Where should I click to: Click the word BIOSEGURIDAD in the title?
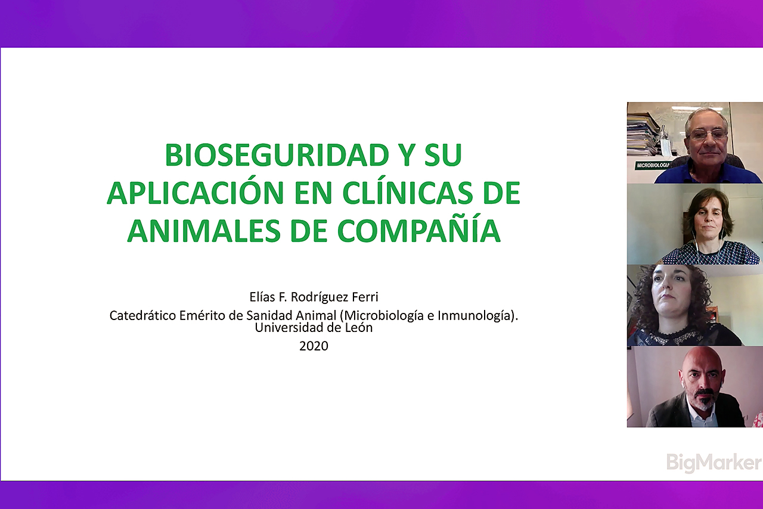point(277,155)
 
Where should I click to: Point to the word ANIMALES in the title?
point(204,231)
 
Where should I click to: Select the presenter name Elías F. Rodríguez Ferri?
point(314,297)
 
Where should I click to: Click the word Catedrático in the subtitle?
point(142,315)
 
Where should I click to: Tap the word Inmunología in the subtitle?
point(476,316)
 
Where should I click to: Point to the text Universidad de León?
point(314,328)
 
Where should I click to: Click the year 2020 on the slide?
point(314,346)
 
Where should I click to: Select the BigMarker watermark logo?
point(714,463)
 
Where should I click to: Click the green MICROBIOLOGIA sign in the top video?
point(653,166)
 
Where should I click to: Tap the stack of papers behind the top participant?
point(642,134)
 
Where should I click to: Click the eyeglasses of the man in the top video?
point(708,135)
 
